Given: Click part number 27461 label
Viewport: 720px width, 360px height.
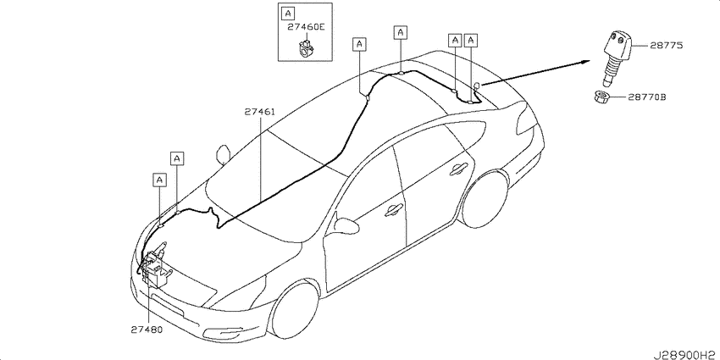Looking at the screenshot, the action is tap(259, 112).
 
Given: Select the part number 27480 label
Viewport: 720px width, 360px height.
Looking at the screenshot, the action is tap(146, 330).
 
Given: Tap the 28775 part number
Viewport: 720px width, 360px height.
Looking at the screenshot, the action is tap(666, 46).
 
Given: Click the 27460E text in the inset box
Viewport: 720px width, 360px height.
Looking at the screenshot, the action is tap(307, 27).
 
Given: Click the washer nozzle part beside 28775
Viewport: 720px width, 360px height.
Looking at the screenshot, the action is tap(614, 58).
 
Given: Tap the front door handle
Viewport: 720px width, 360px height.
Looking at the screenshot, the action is tap(394, 210).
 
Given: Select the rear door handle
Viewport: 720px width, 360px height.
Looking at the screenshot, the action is tap(459, 168).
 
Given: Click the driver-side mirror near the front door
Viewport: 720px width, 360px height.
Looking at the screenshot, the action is tap(347, 225).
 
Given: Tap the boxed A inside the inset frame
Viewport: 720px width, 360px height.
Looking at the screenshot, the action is tap(287, 14).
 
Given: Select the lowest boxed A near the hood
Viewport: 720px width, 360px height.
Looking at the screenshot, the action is tap(160, 180).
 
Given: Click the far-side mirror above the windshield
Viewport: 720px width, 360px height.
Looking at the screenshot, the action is tap(224, 155).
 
